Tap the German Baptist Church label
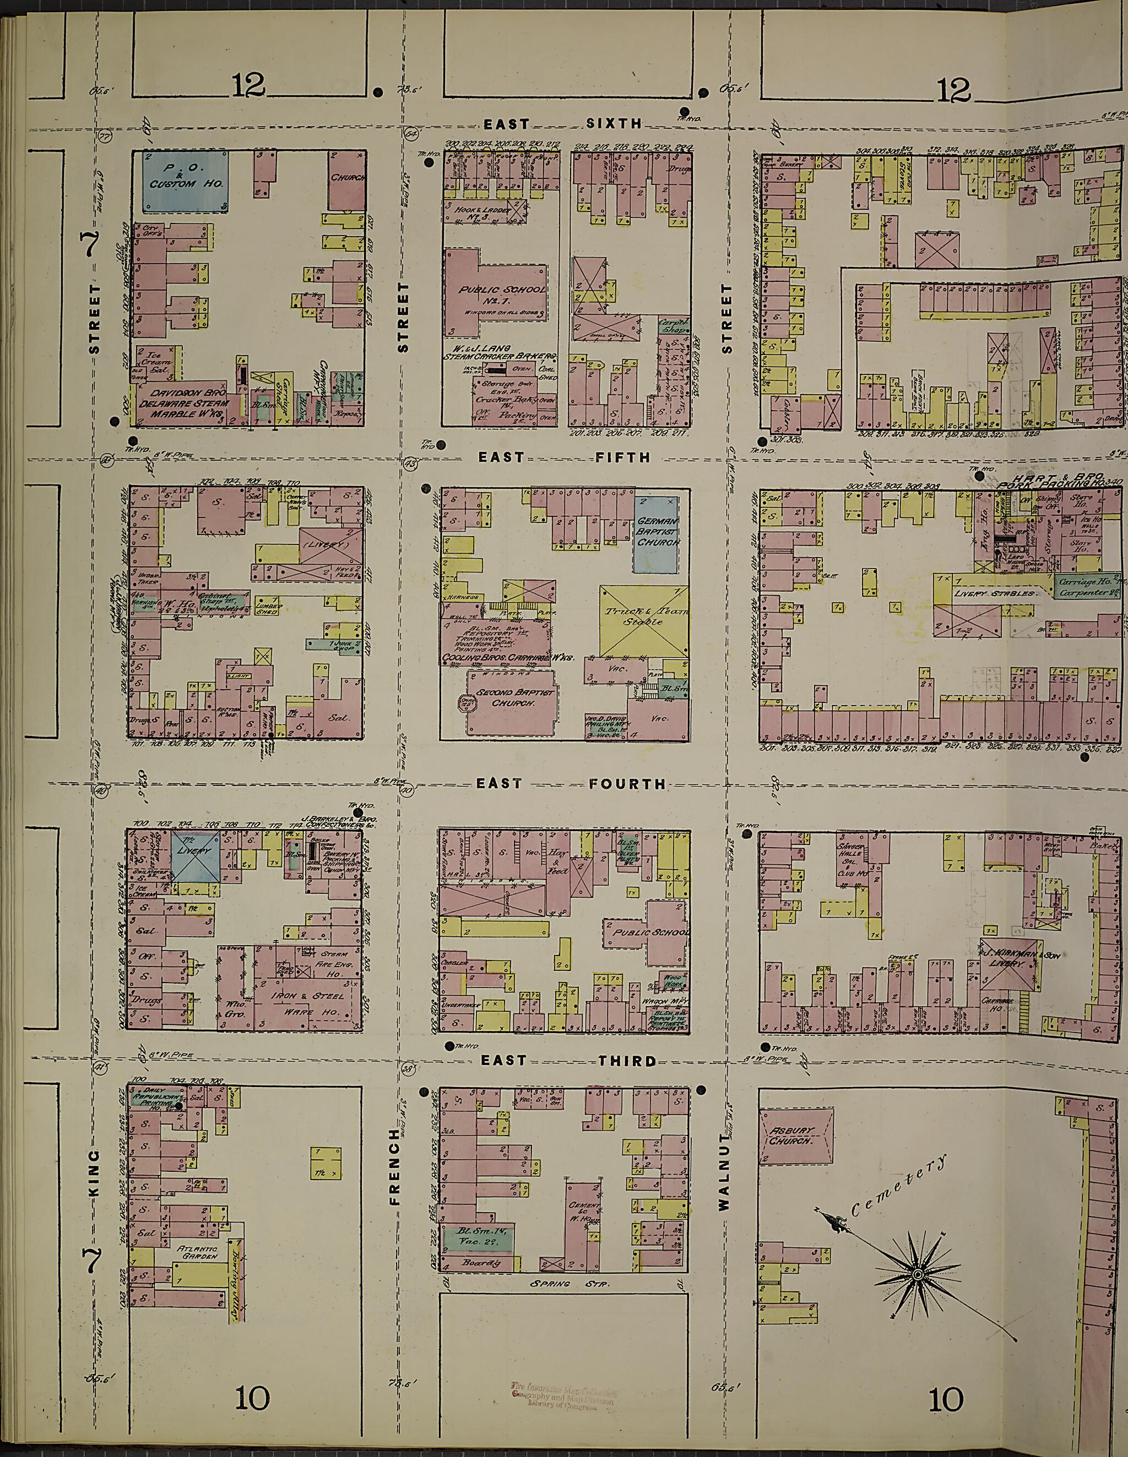click(x=658, y=532)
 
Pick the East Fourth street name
click(x=571, y=783)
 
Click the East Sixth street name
click(x=564, y=124)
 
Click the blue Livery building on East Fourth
click(x=196, y=855)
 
